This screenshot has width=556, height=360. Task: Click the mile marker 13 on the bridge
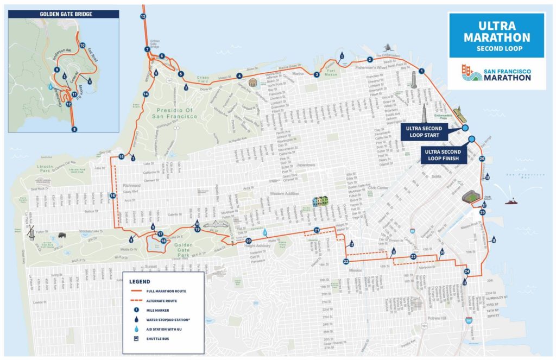pos(143,17)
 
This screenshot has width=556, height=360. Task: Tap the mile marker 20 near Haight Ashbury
pos(249,241)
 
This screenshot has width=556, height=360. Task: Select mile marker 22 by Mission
pos(346,262)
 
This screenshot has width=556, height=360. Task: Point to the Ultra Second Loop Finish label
pos(443,155)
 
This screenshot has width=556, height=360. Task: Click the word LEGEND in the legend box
pos(140,281)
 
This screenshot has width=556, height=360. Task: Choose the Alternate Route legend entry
pos(157,300)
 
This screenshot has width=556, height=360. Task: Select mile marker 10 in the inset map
pos(83,45)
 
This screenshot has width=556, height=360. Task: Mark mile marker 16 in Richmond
pos(113,195)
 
